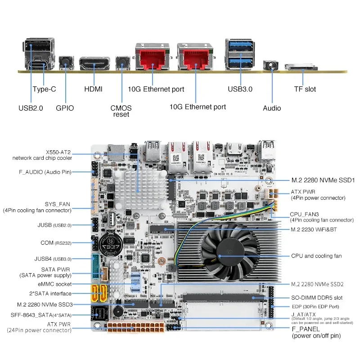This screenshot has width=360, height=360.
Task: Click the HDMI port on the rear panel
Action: point(94,63)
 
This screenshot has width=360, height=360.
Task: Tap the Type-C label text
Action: point(44,89)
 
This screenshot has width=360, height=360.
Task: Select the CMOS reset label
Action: point(121,111)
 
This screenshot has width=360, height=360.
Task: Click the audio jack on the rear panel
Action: point(271,65)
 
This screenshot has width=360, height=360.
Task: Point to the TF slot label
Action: point(305,89)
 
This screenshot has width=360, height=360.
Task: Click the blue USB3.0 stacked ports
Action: point(240,54)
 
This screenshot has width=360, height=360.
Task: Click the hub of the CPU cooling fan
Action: point(230,251)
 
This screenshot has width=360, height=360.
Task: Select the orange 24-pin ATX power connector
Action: point(136,328)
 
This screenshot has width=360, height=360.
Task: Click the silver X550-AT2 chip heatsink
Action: point(140,189)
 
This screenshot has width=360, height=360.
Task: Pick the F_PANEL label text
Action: point(306,329)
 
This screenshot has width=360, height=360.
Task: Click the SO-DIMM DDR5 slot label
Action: point(317,298)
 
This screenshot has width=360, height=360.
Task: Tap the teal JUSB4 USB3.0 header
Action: point(95,266)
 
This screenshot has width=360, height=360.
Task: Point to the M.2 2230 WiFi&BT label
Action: point(314,229)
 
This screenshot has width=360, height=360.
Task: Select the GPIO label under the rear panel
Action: point(65,108)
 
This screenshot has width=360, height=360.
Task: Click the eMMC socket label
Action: point(54,284)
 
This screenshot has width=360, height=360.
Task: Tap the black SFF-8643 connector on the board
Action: point(99,313)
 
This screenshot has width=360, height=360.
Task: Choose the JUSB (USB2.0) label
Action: point(54,225)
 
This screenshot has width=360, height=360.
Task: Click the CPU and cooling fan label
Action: point(316,256)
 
